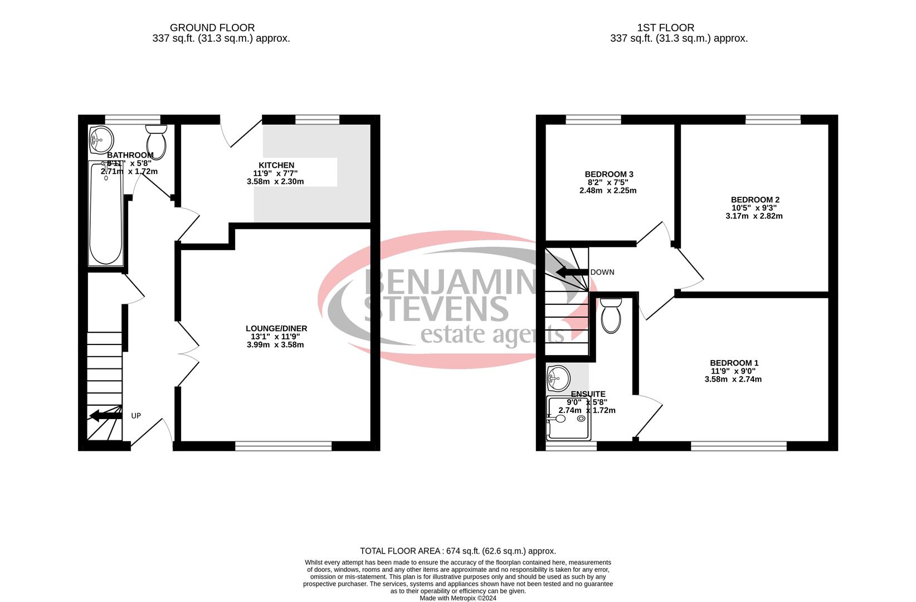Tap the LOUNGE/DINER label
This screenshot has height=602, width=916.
[x=276, y=328]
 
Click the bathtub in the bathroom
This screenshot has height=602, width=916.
[x=106, y=215]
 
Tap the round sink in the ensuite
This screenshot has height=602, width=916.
[x=558, y=378]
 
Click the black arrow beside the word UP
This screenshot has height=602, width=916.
[x=105, y=415]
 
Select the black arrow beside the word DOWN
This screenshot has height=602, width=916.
[x=572, y=272]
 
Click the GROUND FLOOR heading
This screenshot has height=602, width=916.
[x=212, y=27]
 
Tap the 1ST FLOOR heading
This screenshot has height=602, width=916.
[x=666, y=27]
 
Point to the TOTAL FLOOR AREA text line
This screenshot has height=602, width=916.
[x=457, y=551]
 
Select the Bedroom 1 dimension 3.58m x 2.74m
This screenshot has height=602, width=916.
[x=733, y=379]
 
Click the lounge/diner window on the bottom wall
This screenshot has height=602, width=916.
[x=284, y=445]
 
